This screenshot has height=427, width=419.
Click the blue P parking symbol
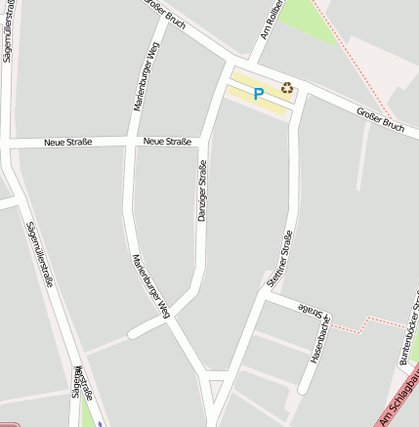tap(258, 95)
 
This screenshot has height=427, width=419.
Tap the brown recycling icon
tap(287, 88)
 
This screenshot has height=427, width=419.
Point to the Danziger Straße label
tap(203, 190)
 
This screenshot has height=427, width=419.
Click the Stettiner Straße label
tap(281, 258)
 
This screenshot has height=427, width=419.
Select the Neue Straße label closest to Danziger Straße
tap(167, 142)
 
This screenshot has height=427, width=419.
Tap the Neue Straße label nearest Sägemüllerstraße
tap(67, 143)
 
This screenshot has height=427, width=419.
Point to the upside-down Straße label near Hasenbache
tap(310, 312)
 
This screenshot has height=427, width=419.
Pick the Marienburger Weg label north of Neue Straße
tap(146, 76)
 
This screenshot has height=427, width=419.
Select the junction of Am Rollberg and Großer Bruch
tap(252, 59)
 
